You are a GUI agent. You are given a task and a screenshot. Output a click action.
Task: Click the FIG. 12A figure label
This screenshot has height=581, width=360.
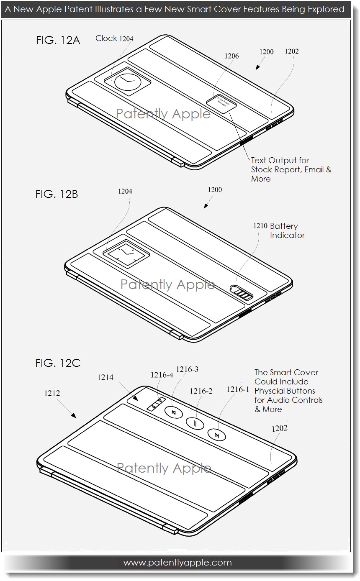tap(58, 41)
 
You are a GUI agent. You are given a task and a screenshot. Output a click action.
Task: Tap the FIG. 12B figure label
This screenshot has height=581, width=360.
tap(57, 194)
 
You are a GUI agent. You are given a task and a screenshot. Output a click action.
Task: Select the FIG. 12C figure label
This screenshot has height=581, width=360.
tap(58, 363)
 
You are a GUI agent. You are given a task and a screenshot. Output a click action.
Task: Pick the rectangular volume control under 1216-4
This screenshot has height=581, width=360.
tap(155, 404)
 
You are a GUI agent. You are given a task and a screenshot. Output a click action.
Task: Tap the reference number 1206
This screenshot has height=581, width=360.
tap(231, 56)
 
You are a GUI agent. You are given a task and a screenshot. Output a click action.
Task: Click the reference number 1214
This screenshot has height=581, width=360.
tap(105, 377)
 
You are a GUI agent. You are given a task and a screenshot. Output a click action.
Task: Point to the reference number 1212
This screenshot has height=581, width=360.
tap(52, 393)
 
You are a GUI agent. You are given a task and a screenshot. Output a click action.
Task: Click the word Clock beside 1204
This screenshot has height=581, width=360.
tap(106, 38)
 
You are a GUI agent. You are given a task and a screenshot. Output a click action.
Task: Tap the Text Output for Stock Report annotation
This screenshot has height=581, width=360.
tap(291, 169)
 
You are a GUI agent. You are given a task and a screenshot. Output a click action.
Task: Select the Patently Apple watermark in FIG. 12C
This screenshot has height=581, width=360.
tap(164, 468)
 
